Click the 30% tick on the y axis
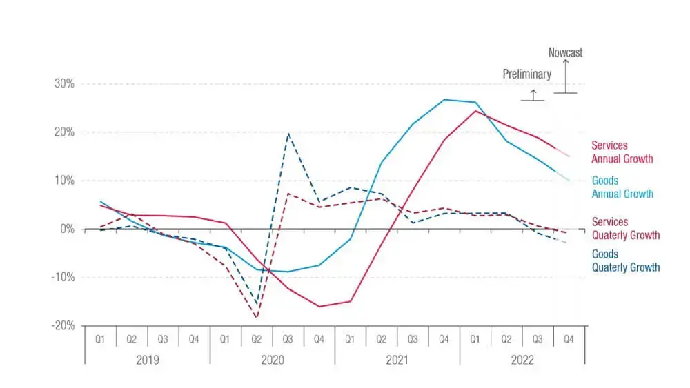(x=63, y=84)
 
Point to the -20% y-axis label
(x=61, y=326)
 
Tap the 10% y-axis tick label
(x=63, y=181)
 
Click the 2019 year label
(x=147, y=359)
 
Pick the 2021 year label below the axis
(x=397, y=359)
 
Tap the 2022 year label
(x=522, y=359)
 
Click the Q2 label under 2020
(x=257, y=339)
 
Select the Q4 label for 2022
(x=569, y=339)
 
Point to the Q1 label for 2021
(x=351, y=339)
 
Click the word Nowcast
(x=565, y=52)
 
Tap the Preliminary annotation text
(x=526, y=74)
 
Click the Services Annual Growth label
(x=622, y=152)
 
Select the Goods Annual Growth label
(x=622, y=187)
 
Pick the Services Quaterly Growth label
(x=625, y=229)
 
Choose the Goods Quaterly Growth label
(x=625, y=261)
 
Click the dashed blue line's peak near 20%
(x=288, y=134)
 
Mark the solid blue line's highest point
(x=444, y=100)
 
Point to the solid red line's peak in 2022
(x=475, y=111)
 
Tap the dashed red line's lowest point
(x=257, y=318)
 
